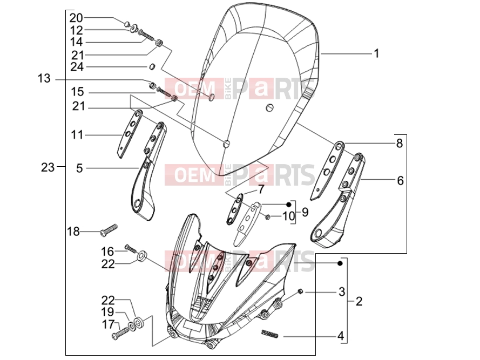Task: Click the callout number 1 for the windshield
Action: click(x=376, y=53)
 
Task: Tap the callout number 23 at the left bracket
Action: click(x=48, y=167)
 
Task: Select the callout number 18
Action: click(x=73, y=232)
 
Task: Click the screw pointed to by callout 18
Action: click(x=109, y=229)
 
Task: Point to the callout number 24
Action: click(x=77, y=66)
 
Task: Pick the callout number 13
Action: click(x=44, y=78)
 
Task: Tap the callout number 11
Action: click(x=77, y=135)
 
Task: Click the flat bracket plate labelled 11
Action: click(x=130, y=134)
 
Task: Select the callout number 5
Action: click(x=79, y=168)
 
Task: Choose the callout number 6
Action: click(x=400, y=181)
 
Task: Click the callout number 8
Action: click(x=400, y=143)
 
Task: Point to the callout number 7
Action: click(x=260, y=189)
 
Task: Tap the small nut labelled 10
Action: click(x=267, y=217)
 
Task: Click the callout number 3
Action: click(x=342, y=292)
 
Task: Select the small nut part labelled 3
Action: click(x=300, y=291)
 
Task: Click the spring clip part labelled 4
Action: click(x=269, y=333)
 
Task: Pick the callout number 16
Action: click(x=108, y=252)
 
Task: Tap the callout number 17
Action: click(x=108, y=324)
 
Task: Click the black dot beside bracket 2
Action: click(x=340, y=263)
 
